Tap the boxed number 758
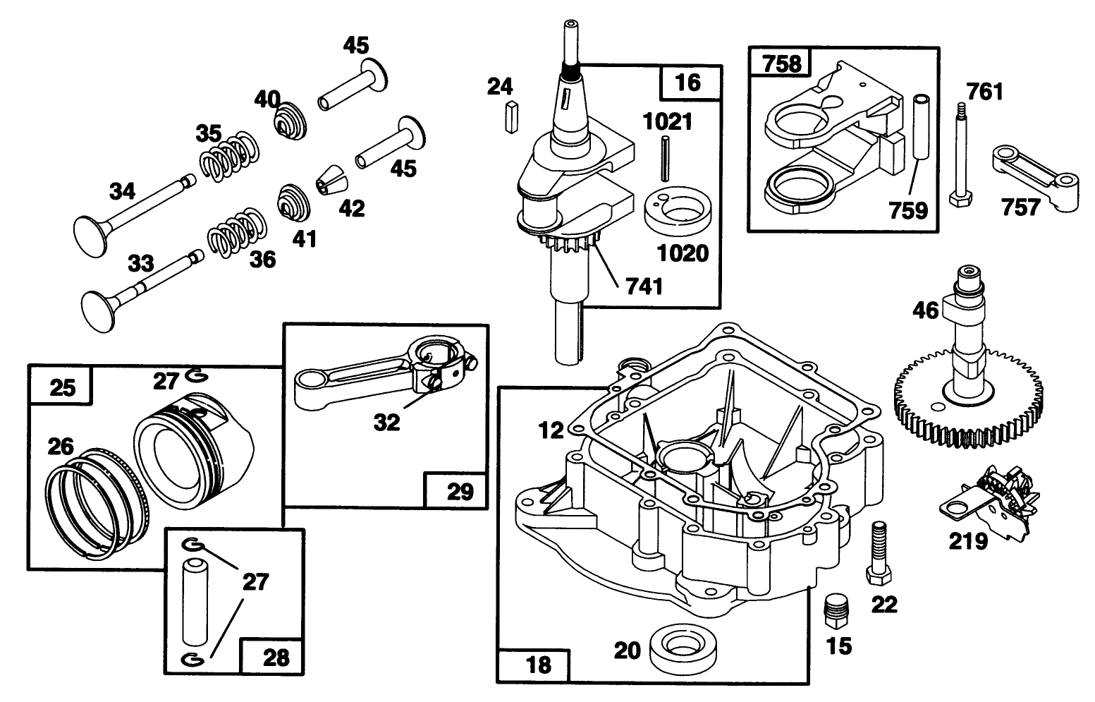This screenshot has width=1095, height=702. (x=782, y=63)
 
